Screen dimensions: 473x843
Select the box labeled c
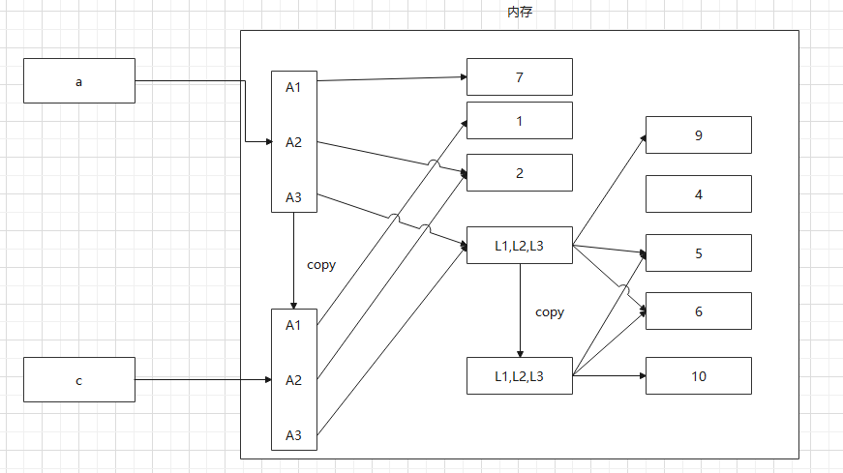point(79,380)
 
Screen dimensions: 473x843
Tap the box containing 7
point(519,77)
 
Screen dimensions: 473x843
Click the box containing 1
point(519,121)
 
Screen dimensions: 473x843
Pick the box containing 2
point(519,173)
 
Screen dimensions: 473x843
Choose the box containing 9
point(698,135)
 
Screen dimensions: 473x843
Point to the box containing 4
point(698,194)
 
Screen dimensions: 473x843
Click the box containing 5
point(698,253)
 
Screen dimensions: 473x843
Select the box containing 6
point(698,311)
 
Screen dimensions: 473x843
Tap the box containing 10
point(698,376)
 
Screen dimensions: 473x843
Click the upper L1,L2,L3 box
point(519,246)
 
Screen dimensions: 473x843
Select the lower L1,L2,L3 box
point(519,376)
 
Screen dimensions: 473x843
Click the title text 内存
point(520,13)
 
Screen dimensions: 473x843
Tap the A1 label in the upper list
point(293,87)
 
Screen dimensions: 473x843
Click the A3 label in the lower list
point(293,435)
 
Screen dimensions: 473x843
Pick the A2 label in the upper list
point(293,142)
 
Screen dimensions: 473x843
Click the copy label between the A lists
point(321,264)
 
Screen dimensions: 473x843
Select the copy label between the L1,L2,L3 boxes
point(549,312)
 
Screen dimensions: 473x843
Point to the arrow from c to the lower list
point(203,380)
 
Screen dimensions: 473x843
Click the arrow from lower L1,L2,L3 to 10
point(610,375)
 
